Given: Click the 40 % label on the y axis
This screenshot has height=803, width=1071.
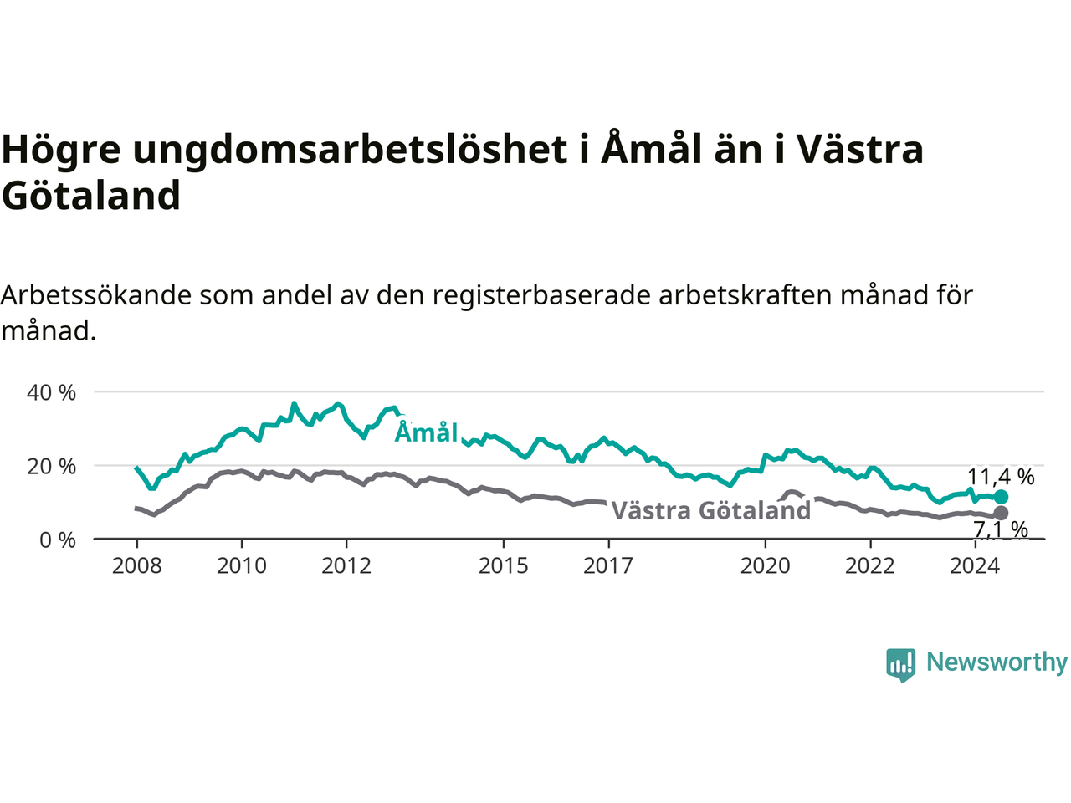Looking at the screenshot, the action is (x=51, y=392).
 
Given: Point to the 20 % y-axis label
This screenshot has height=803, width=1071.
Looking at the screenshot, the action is (x=51, y=467).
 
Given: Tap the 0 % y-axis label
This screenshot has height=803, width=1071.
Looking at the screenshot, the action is (x=58, y=540).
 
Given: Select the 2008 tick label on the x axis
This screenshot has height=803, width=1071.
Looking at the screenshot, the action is (x=136, y=566).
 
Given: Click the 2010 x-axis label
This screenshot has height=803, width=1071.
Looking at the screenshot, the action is (x=242, y=566).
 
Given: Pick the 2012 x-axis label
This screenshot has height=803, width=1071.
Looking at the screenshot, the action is (x=346, y=566).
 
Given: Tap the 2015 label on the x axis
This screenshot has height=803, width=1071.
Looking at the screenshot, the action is (x=504, y=566).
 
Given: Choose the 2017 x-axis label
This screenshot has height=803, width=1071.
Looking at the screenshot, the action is (x=608, y=566).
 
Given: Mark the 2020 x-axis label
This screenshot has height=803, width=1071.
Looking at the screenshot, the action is (x=765, y=566).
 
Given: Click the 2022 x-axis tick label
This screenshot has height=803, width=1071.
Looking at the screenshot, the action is (x=870, y=566).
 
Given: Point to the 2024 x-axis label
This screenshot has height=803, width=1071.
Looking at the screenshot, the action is (x=975, y=566).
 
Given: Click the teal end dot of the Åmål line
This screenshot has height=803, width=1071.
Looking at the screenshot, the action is (x=1001, y=497).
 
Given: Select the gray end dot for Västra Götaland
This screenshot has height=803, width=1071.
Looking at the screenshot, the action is (x=1001, y=513).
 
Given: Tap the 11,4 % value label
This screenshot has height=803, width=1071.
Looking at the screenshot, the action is (x=1001, y=477).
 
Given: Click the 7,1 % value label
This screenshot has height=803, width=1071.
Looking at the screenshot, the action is (x=1001, y=529).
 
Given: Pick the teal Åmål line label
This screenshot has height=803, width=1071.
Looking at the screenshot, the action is (x=426, y=432).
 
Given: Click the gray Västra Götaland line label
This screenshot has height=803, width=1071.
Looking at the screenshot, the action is (x=711, y=510).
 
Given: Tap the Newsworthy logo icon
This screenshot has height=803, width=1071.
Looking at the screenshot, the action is (x=900, y=665).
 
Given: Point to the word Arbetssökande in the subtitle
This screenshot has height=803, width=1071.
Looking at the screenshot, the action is (x=95, y=295).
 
